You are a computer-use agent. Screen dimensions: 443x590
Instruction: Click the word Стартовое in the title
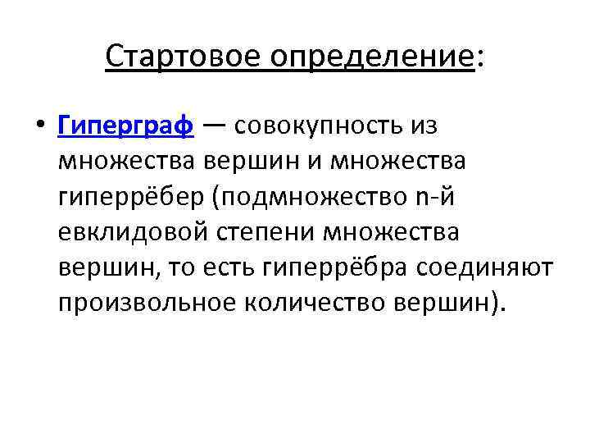tap(171, 57)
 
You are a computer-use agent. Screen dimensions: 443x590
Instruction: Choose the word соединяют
tap(486, 268)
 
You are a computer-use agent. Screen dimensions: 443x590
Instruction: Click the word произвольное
tap(147, 304)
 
